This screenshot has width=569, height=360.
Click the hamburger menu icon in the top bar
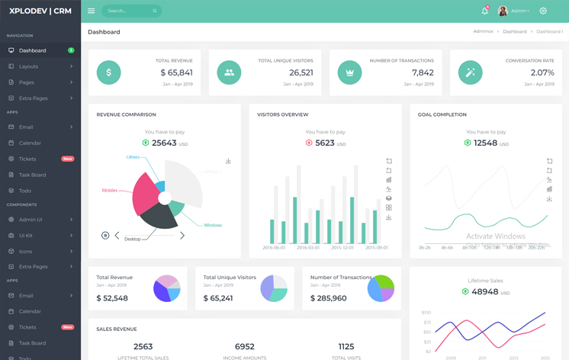click(x=91, y=11)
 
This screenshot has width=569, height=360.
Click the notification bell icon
click(x=484, y=11)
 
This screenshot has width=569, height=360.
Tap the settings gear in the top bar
click(x=543, y=11)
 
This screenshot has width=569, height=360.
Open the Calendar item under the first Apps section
click(x=31, y=143)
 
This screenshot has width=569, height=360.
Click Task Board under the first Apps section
click(x=33, y=175)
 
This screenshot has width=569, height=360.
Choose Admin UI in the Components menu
click(x=31, y=220)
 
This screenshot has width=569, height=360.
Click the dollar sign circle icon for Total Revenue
click(x=108, y=72)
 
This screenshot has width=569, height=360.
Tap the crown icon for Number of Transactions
click(x=349, y=72)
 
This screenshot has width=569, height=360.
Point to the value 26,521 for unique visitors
click(x=301, y=73)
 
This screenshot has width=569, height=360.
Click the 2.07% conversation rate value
click(x=542, y=73)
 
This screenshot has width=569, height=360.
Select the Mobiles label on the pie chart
click(x=110, y=191)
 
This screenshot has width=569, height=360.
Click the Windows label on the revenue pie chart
click(x=213, y=225)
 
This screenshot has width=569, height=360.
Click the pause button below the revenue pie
click(x=105, y=236)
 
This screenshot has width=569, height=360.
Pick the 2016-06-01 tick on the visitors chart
click(x=273, y=248)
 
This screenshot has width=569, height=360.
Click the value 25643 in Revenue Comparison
click(x=165, y=143)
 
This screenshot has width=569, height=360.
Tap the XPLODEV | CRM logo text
click(x=40, y=11)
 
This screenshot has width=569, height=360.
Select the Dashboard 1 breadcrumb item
click(x=549, y=32)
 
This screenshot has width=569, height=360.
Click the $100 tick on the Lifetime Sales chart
click(x=426, y=313)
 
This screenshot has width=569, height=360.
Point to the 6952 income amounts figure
click(x=245, y=346)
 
